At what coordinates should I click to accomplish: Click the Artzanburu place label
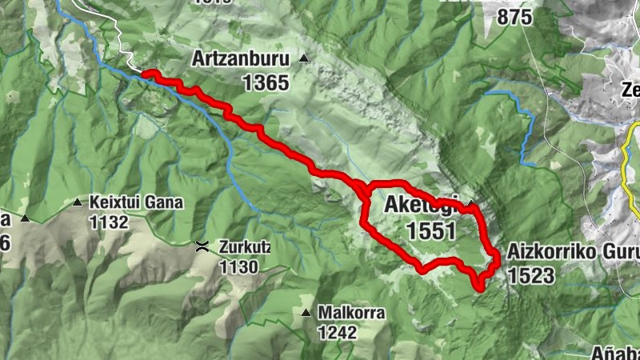click(x=241, y=59)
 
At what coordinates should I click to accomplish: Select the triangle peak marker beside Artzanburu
click(x=303, y=58)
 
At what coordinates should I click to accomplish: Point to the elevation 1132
click(x=109, y=222)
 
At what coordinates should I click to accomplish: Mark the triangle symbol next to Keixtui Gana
click(x=78, y=203)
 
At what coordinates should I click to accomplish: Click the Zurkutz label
click(x=243, y=247)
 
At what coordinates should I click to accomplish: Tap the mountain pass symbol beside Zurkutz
click(x=203, y=247)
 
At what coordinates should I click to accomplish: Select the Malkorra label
click(x=351, y=313)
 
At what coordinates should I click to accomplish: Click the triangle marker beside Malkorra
click(x=306, y=312)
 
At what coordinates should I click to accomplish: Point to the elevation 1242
click(x=337, y=332)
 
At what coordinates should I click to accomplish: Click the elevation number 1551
click(x=430, y=231)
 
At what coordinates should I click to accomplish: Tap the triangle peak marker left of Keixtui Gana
click(x=25, y=218)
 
